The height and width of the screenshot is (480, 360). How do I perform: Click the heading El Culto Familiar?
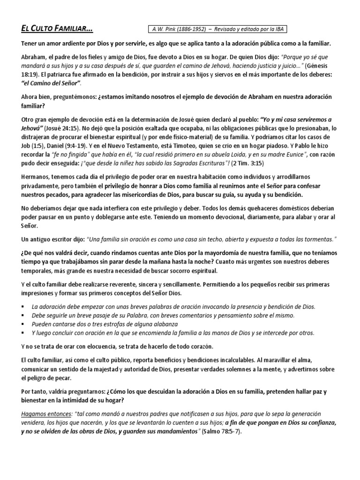pyautogui.click(x=57, y=29)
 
